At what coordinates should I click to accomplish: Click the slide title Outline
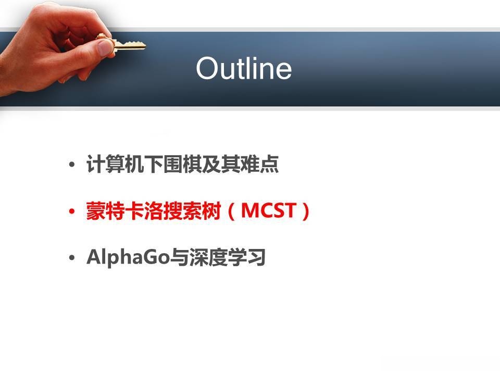click(x=244, y=68)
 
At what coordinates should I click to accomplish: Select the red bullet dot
click(x=72, y=211)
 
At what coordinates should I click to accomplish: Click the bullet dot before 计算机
click(x=72, y=165)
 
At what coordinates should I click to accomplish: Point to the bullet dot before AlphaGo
click(x=72, y=258)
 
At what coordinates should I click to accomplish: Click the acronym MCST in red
click(x=268, y=210)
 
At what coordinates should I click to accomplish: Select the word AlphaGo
click(x=128, y=257)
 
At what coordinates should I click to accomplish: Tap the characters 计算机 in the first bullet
click(x=115, y=164)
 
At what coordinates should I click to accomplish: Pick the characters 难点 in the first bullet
click(x=259, y=164)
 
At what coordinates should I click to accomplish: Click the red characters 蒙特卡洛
click(x=124, y=211)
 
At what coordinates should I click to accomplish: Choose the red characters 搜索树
click(x=192, y=211)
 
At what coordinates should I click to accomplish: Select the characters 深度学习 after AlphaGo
click(x=228, y=257)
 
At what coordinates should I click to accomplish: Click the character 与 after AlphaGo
click(x=179, y=257)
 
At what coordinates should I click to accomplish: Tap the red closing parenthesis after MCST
click(x=306, y=211)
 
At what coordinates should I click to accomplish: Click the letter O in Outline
click(x=207, y=68)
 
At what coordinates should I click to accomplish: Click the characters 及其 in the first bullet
click(x=221, y=164)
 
